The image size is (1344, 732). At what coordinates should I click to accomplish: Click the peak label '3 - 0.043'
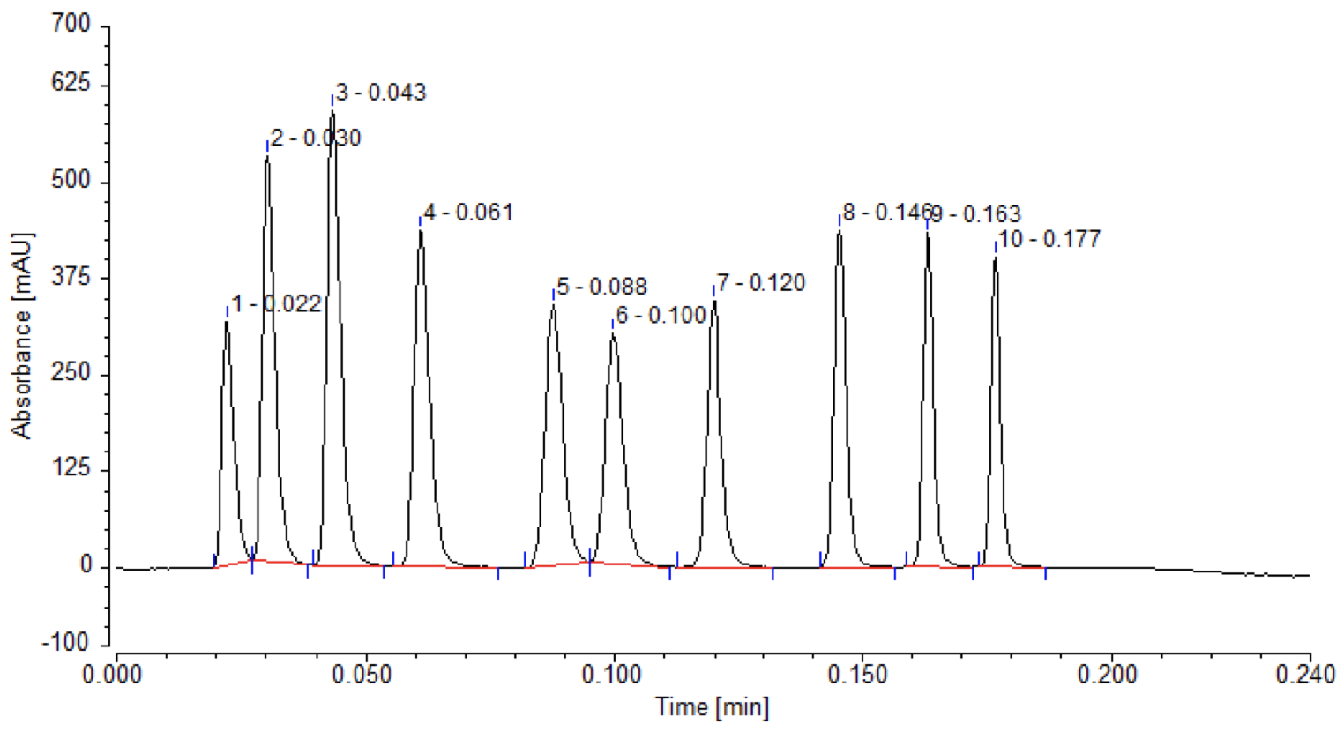tap(381, 93)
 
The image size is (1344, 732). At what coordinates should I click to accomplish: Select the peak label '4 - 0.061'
tap(468, 213)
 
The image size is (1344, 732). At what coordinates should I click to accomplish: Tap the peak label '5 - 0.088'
tap(601, 287)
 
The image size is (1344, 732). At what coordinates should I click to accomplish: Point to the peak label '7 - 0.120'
tap(761, 283)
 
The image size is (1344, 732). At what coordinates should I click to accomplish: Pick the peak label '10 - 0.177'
tap(1049, 239)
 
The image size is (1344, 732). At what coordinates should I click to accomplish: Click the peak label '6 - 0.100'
tap(661, 315)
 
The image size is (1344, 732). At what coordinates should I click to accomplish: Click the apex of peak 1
tap(227, 323)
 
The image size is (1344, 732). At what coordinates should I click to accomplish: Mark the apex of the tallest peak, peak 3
tap(332, 113)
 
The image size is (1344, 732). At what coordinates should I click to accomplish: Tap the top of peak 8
tap(840, 233)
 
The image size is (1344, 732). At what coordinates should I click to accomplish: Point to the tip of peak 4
tap(421, 231)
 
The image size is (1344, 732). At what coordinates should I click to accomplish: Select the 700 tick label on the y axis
tap(71, 25)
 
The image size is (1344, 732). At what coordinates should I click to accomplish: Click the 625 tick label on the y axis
tap(71, 84)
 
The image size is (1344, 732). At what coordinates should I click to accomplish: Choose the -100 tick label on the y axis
tap(66, 643)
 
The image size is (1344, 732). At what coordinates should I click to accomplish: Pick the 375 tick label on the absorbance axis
tap(71, 277)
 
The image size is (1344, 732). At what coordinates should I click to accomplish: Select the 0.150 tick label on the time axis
tap(860, 675)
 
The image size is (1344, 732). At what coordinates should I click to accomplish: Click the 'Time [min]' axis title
tap(713, 707)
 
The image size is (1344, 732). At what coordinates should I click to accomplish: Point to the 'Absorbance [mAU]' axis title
tap(21, 336)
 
